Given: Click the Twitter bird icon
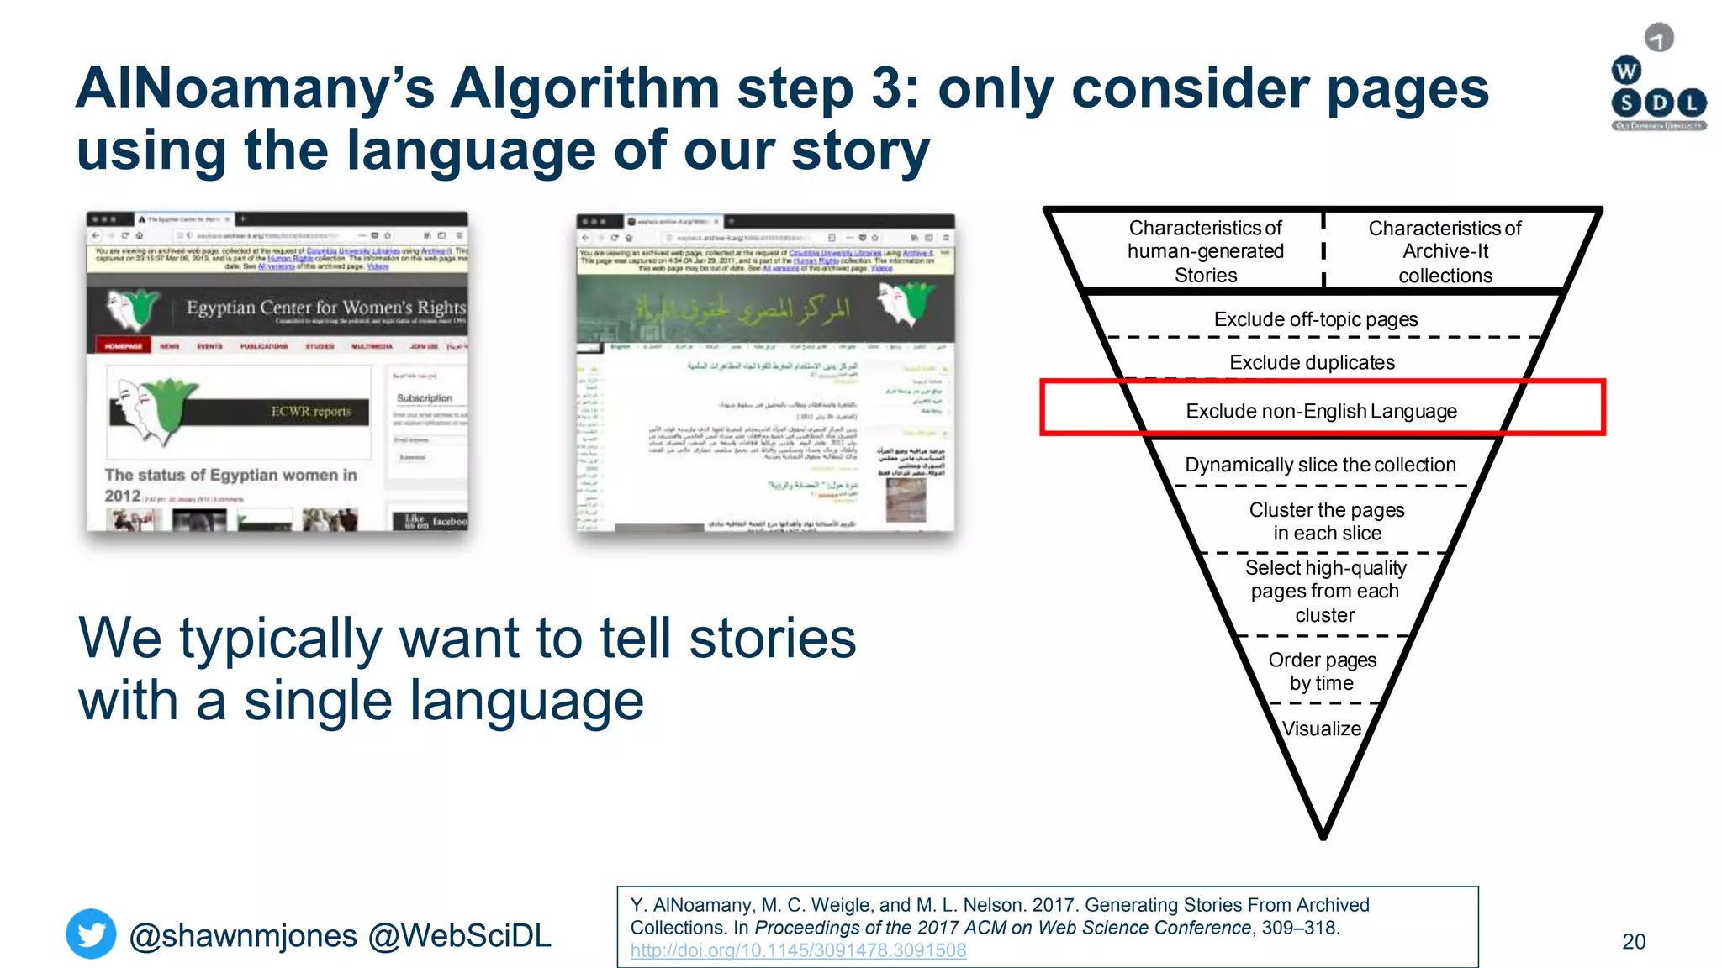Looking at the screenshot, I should point(91,934).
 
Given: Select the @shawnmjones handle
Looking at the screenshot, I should point(243,935).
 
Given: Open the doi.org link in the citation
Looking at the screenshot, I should point(798,950).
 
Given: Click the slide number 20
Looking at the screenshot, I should point(1633,941).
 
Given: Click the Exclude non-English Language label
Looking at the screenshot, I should point(1321,411).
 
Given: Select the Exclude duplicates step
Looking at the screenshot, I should point(1312,362).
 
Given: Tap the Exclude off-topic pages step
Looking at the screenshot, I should point(1315,319).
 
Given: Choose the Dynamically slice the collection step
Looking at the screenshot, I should point(1320,465).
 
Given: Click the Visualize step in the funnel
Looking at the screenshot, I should point(1321,729).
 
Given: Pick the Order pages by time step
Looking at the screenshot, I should point(1322,671).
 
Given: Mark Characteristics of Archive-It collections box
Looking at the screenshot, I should point(1445,251).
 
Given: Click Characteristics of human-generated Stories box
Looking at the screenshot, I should point(1205,251).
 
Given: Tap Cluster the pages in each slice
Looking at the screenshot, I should point(1326,521).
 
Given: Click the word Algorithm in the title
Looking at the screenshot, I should point(585,88).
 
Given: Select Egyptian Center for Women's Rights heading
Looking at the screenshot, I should point(325,308).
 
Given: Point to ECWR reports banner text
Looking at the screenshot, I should point(310,411).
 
